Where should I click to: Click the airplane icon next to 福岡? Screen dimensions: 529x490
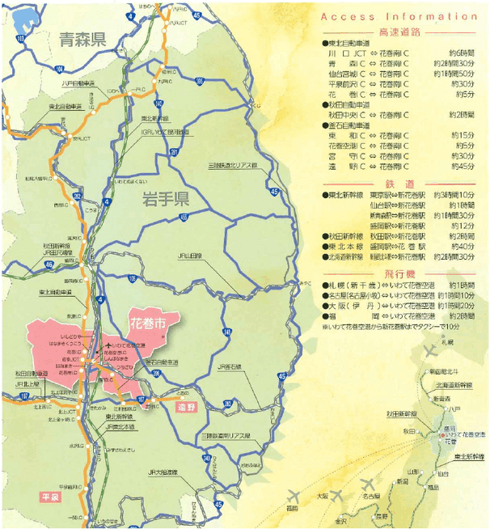click(293, 493)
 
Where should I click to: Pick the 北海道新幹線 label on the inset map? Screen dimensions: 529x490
click(452, 385)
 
